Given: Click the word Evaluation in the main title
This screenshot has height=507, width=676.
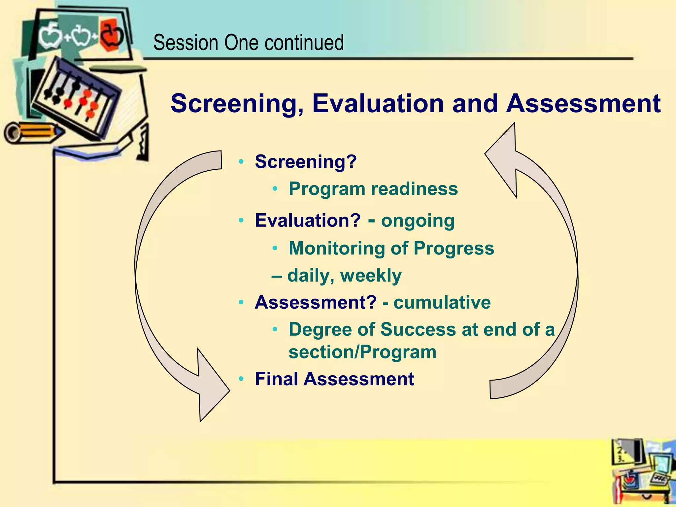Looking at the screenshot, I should [378, 104].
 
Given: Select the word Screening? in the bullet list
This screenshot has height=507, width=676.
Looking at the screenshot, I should [306, 162].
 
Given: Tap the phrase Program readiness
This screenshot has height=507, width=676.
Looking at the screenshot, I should [373, 189].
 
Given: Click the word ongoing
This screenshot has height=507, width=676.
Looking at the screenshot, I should [418, 220].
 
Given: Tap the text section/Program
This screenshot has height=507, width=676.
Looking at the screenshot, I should [362, 352].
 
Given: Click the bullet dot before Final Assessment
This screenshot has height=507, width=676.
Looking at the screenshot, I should [241, 379].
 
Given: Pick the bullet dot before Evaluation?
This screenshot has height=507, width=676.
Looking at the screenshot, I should [241, 220].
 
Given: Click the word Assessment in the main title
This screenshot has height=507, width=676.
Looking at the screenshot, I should [583, 104].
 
